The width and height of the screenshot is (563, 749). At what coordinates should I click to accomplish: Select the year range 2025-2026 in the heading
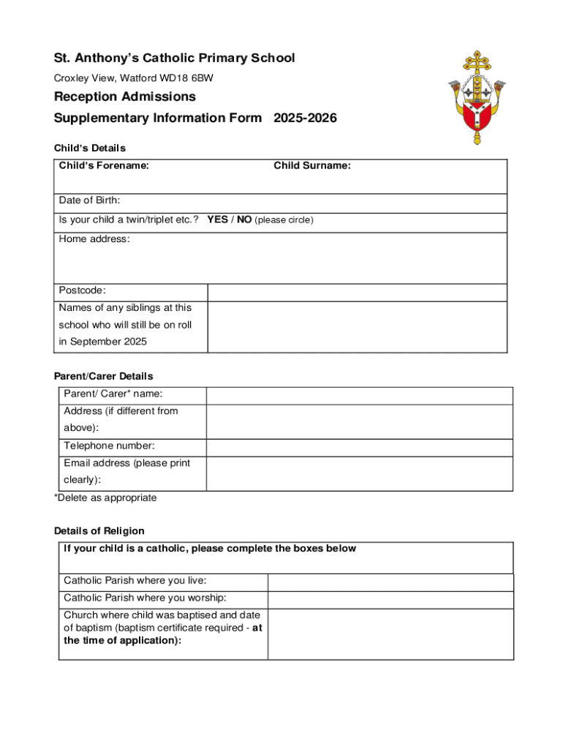coord(305,118)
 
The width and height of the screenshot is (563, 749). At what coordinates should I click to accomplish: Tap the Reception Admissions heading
coord(125,97)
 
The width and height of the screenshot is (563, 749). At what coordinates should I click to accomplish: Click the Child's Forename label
coord(104,166)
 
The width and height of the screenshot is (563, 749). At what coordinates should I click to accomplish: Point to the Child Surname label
coord(312,166)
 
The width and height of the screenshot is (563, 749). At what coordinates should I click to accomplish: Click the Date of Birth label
coord(89,200)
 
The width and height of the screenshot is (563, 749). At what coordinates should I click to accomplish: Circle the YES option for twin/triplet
coord(217,219)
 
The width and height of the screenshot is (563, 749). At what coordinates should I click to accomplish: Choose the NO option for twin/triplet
coord(243,219)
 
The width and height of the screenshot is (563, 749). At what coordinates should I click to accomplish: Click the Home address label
coord(94,239)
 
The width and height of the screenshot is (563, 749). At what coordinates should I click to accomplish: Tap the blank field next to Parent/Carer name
coord(359,395)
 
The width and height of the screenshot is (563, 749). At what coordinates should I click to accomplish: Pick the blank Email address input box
coord(359,473)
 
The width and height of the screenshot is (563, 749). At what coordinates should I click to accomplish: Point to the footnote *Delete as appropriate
coord(105,498)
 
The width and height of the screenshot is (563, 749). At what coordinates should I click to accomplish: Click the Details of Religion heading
coord(99,531)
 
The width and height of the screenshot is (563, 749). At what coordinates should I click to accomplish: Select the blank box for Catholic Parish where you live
coord(390,581)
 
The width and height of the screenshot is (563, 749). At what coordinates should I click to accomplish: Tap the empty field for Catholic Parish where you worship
coord(390,599)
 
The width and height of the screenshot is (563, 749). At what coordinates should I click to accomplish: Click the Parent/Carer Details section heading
coord(104,377)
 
